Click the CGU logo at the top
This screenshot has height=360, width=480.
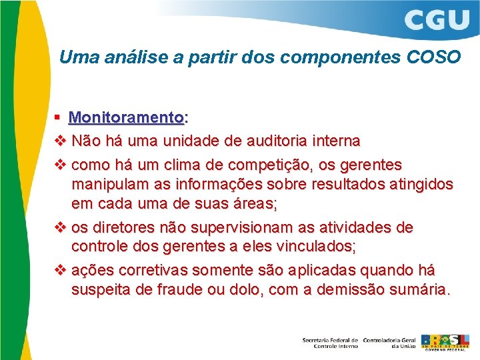437,20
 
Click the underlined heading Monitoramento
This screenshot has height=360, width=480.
128,118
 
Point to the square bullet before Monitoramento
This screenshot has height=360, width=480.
59,118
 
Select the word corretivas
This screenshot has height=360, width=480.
155,270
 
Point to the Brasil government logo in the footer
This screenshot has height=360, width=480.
445,341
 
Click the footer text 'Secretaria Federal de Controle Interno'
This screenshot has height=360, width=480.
330,342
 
